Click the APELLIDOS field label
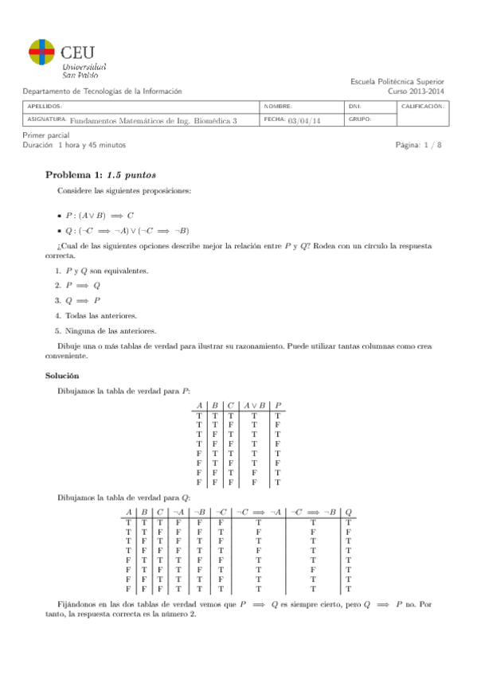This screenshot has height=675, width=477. tap(44, 106)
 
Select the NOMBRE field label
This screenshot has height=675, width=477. tap(277, 106)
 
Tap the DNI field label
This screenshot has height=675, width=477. tap(355, 106)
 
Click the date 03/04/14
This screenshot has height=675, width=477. tap(303, 121)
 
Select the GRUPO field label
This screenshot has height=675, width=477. tap(359, 120)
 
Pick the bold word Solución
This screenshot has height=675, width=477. tap(62, 375)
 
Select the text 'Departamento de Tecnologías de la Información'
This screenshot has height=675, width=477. tap(102, 92)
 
